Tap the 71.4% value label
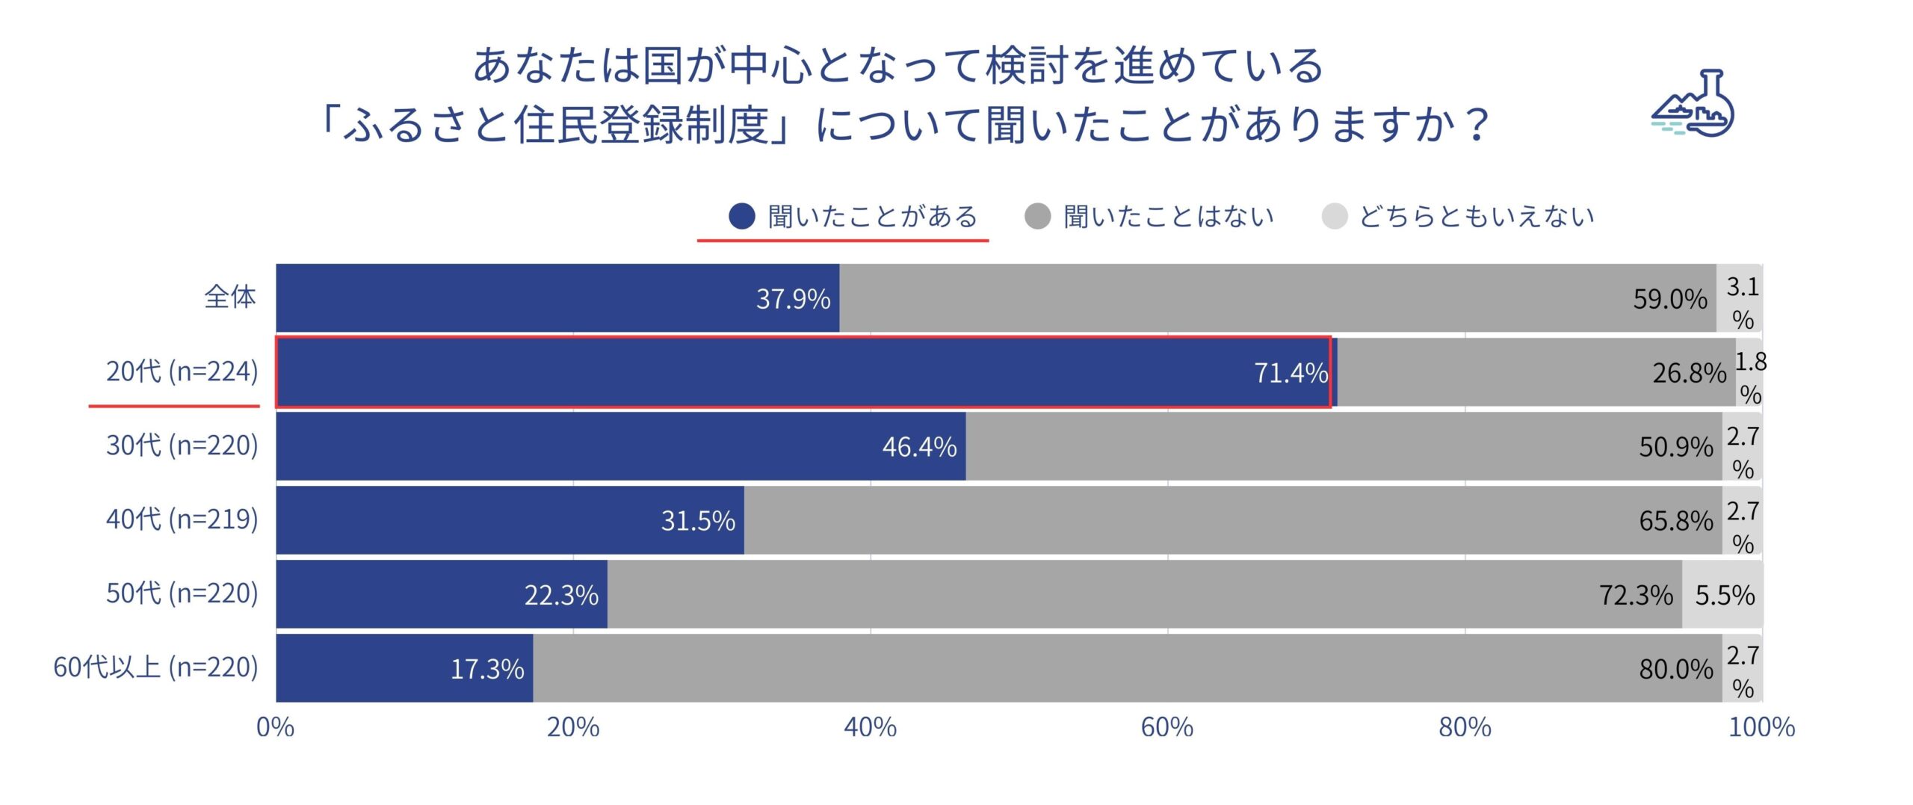pyautogui.click(x=1291, y=372)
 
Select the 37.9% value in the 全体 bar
pyautogui.click(x=793, y=299)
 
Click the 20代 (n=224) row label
pyautogui.click(x=182, y=371)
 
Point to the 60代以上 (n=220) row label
pyautogui.click(x=155, y=667)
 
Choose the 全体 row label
pyautogui.click(x=230, y=297)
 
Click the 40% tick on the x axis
pyautogui.click(x=870, y=727)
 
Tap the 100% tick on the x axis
pyautogui.click(x=1761, y=727)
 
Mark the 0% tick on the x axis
pyautogui.click(x=276, y=727)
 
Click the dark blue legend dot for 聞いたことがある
pyautogui.click(x=741, y=217)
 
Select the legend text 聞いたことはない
pyautogui.click(x=1169, y=217)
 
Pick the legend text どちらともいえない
pyautogui.click(x=1477, y=217)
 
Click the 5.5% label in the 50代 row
pyautogui.click(x=1725, y=595)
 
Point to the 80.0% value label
pyautogui.click(x=1675, y=669)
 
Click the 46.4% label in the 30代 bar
pyautogui.click(x=919, y=447)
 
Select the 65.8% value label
pyautogui.click(x=1675, y=521)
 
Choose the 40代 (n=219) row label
pyautogui.click(x=182, y=519)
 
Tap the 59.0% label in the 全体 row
pyautogui.click(x=1669, y=299)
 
